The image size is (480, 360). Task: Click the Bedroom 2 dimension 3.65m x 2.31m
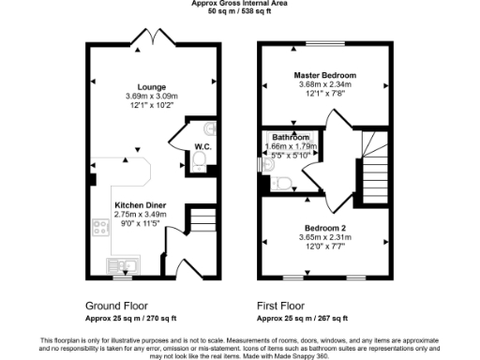pos(324,238)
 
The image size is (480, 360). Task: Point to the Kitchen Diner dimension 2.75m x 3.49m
pos(140,215)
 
